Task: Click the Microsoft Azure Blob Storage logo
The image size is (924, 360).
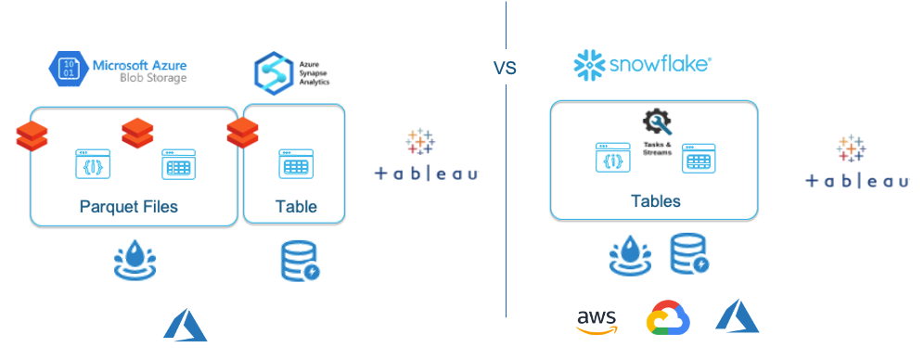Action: tap(117, 70)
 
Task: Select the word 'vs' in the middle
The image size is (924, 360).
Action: tap(505, 68)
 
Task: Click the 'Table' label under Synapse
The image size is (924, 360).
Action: tap(296, 206)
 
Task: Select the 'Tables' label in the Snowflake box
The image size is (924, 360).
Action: tap(655, 200)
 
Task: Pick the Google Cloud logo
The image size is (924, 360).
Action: tap(669, 318)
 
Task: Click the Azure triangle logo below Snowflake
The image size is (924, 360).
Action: tap(738, 316)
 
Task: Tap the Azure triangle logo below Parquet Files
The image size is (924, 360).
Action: tap(186, 327)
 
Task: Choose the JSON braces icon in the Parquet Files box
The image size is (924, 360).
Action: tap(93, 164)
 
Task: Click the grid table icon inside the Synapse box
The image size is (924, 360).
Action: tap(295, 164)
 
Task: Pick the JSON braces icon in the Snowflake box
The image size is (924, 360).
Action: tap(611, 159)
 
